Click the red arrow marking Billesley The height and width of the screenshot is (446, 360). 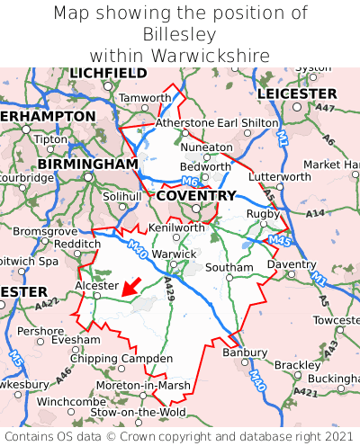[x=131, y=287]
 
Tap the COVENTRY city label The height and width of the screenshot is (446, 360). [x=195, y=195]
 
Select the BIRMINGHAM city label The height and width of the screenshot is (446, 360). [x=87, y=165]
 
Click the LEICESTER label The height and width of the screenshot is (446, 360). [x=296, y=94]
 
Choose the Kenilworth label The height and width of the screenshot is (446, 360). [x=176, y=227]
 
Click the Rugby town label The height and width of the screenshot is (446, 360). [x=263, y=213]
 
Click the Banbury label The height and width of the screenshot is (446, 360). [x=239, y=352]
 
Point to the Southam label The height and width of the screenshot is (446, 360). [x=229, y=268]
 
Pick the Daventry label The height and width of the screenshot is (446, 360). [x=292, y=265]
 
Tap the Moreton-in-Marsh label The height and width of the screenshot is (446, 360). [x=143, y=385]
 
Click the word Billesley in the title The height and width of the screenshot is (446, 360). [x=179, y=34]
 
